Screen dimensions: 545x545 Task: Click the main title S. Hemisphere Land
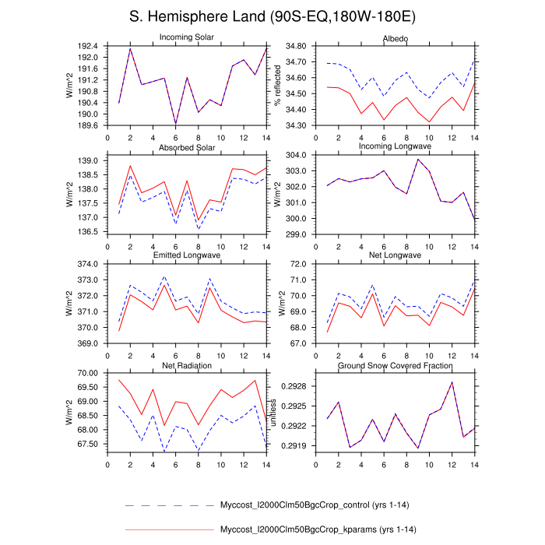(x=272, y=17)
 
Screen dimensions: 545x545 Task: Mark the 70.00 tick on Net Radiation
(x=88, y=374)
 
